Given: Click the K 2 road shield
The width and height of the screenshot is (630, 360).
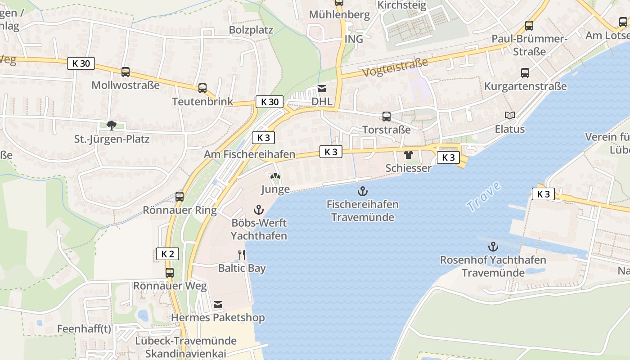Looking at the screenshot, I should point(167,254).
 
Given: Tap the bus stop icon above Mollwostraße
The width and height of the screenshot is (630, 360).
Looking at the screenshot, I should point(126,72).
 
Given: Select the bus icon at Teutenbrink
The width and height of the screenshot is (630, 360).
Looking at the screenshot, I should point(202,88).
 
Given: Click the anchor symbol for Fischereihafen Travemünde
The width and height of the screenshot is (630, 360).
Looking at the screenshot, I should point(362,192).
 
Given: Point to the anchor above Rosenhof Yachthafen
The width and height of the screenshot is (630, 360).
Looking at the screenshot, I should point(493,247).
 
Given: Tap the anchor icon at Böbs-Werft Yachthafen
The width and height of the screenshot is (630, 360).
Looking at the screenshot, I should point(258,209).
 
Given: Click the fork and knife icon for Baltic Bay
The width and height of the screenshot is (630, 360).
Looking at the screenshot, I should point(242,255).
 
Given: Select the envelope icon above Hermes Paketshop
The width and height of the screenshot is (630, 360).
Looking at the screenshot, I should point(218,305).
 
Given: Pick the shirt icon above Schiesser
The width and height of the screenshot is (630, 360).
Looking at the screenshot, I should point(408,155).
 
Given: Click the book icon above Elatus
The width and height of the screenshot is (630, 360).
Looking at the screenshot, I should point(509,116).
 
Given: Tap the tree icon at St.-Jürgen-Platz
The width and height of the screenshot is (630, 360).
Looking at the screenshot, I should point(111,126).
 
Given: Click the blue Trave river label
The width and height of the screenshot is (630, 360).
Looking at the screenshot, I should point(484,196).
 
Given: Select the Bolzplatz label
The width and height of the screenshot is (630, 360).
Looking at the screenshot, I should point(251,30).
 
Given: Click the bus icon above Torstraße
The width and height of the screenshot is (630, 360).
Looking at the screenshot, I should point(386,117).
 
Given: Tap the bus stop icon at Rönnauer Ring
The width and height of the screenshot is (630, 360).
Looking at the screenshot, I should point(180,197).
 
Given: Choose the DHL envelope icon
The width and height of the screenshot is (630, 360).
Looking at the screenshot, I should point(322,89).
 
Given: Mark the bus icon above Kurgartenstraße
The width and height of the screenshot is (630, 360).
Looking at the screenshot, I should point(525,73).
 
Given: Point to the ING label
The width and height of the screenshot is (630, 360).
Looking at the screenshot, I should point(353,39).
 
